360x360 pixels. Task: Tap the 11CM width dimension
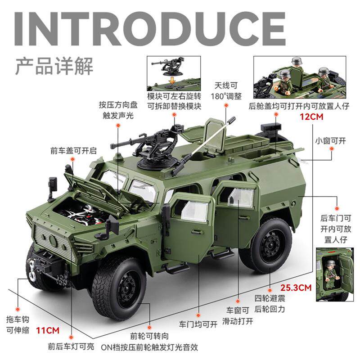click(x=48, y=331)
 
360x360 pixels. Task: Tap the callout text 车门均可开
click(x=198, y=324)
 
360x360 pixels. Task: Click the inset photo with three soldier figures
click(x=299, y=77)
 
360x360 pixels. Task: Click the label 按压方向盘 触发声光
click(x=118, y=110)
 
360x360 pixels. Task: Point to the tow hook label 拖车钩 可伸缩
click(x=18, y=325)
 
